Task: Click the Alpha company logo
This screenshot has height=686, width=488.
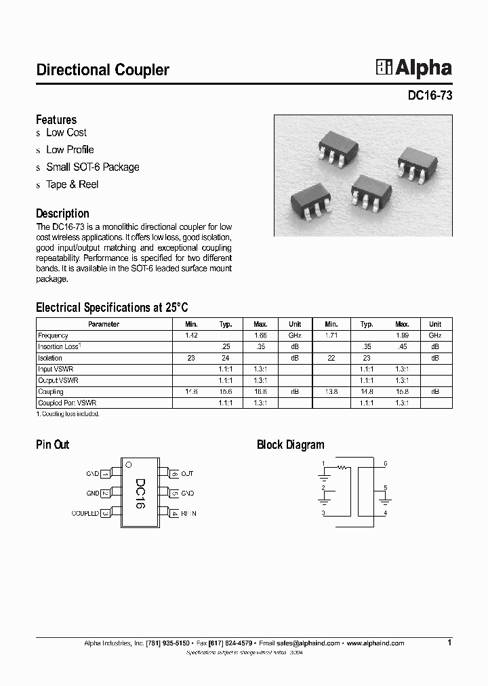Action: coord(413,68)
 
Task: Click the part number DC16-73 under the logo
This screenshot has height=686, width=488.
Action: coord(430,96)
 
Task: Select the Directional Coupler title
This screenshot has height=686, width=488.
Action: coord(102,70)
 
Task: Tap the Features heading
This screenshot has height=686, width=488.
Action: coord(56,120)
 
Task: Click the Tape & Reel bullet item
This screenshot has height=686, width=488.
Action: coord(72,184)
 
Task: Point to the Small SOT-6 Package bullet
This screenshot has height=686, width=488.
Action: coord(92,167)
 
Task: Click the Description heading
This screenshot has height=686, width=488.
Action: coord(62,214)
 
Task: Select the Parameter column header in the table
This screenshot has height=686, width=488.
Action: coord(104,324)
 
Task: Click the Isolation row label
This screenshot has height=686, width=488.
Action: coord(50,358)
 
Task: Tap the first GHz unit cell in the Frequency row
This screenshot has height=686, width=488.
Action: coord(295,336)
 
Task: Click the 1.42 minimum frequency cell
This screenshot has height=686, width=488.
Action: coord(191,336)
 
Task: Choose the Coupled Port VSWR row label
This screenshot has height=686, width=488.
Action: coord(67,403)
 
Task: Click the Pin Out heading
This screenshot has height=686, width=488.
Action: coord(52,445)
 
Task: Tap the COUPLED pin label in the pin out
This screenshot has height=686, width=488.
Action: coord(85,514)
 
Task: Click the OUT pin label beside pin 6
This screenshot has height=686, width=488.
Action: coord(188,474)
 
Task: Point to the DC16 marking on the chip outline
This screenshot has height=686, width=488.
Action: coord(140,494)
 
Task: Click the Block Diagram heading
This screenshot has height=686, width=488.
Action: coord(290,445)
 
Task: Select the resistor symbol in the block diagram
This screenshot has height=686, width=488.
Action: coord(342,467)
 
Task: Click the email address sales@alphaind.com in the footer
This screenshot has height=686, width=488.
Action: coord(308,643)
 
